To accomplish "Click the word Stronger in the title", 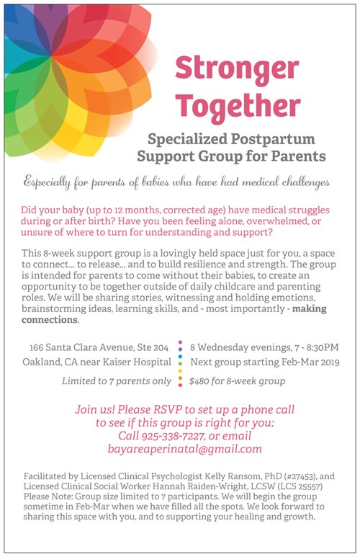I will pos(237,69).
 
